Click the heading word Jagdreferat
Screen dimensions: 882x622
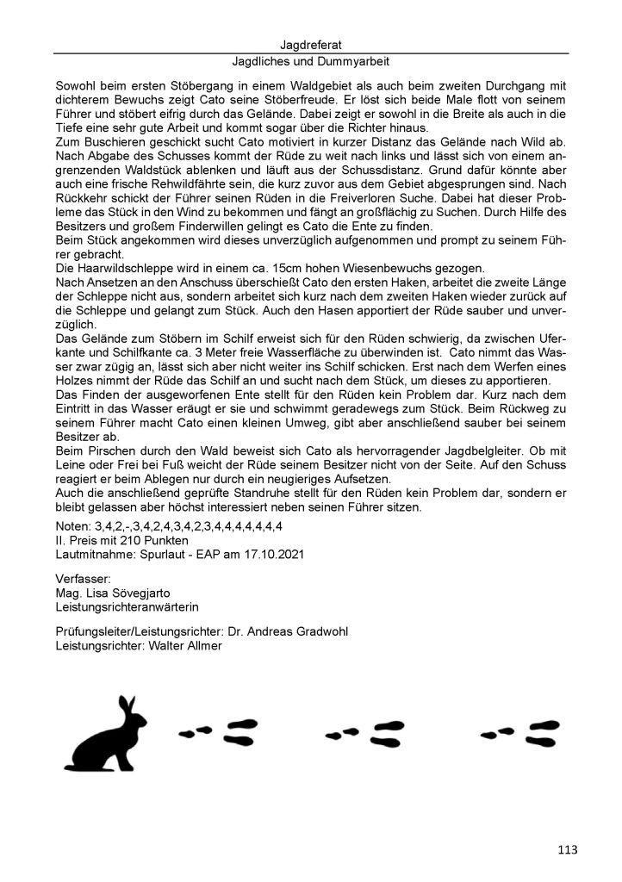[x=311, y=44]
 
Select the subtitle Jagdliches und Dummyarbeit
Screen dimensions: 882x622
[x=311, y=62]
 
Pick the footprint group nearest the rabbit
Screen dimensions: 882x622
[x=217, y=733]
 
